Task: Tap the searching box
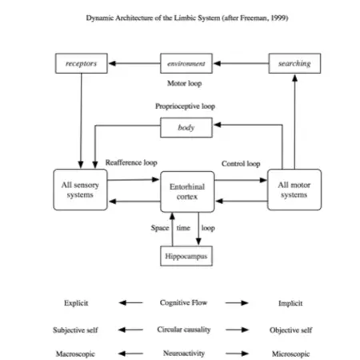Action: tap(294, 62)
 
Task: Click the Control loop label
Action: tap(240, 163)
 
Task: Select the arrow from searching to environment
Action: tap(240, 62)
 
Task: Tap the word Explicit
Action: tap(76, 303)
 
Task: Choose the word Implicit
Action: tap(290, 303)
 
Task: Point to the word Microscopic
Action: tap(290, 354)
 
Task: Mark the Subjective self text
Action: tap(76, 329)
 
